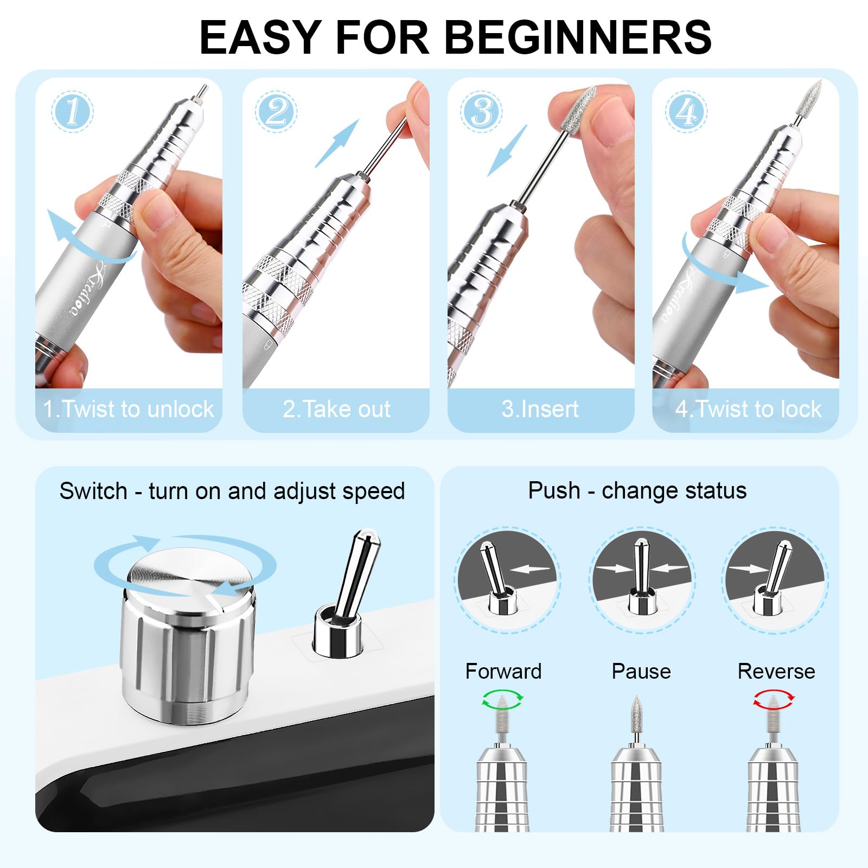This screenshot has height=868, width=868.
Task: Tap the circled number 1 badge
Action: tap(73, 112)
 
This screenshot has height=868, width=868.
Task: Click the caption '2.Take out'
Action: tap(336, 409)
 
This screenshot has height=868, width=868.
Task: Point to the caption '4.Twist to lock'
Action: tap(748, 409)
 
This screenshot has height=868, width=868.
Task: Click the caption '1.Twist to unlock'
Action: tap(129, 409)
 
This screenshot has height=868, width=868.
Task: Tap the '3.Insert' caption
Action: tap(540, 409)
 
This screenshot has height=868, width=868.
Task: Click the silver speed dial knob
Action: tap(187, 637)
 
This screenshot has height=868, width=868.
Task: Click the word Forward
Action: tap(503, 672)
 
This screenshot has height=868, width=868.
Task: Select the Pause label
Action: tap(641, 672)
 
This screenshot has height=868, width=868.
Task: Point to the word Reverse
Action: tap(776, 672)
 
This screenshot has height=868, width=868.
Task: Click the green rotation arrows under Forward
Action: tap(503, 698)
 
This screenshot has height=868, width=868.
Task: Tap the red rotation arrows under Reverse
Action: tap(774, 698)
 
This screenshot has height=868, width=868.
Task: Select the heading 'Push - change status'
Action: tap(637, 490)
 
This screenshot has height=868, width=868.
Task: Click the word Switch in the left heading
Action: tap(93, 491)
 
